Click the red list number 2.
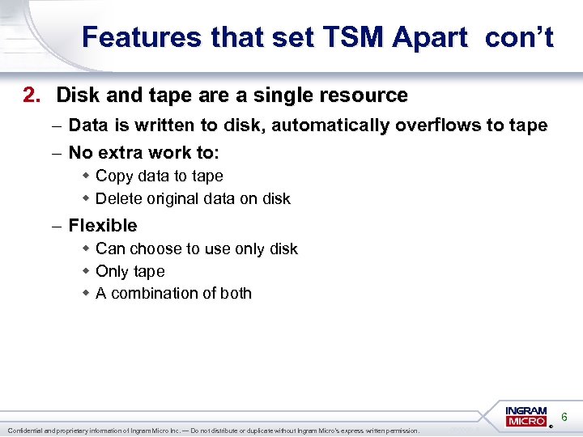point(31,95)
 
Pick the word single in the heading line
point(281,95)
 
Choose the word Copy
point(114,176)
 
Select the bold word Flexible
point(103,226)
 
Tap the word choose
point(154,248)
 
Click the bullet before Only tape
point(85,271)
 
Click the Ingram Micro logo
point(526,416)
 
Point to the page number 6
point(564,416)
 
